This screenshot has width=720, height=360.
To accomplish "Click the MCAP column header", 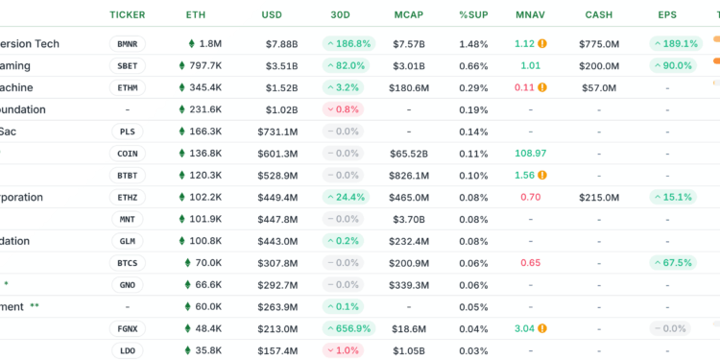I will point(409,15).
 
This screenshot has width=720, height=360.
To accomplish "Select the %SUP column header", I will point(472,15).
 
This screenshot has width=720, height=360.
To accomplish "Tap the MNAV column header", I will point(530,15).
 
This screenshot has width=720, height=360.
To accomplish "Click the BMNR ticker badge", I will point(128,44).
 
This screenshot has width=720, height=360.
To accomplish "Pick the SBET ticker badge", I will point(128,65).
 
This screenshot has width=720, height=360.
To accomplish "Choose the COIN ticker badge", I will point(128,154).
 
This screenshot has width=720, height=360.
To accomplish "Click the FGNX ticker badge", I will point(128,328).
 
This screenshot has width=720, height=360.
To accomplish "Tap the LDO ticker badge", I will point(128,350).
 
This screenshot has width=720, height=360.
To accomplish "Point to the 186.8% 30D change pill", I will point(348,44).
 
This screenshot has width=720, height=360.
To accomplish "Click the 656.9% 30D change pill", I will point(348,328).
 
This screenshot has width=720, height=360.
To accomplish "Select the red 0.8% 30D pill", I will point(348,109).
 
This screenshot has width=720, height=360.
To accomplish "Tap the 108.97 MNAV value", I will point(530,154).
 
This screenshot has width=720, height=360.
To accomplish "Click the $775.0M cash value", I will point(600,44).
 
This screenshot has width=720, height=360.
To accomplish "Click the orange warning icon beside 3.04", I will point(542,328).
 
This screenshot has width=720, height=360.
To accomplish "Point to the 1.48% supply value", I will point(473,44).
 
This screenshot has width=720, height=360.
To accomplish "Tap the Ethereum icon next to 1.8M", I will point(191,44).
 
